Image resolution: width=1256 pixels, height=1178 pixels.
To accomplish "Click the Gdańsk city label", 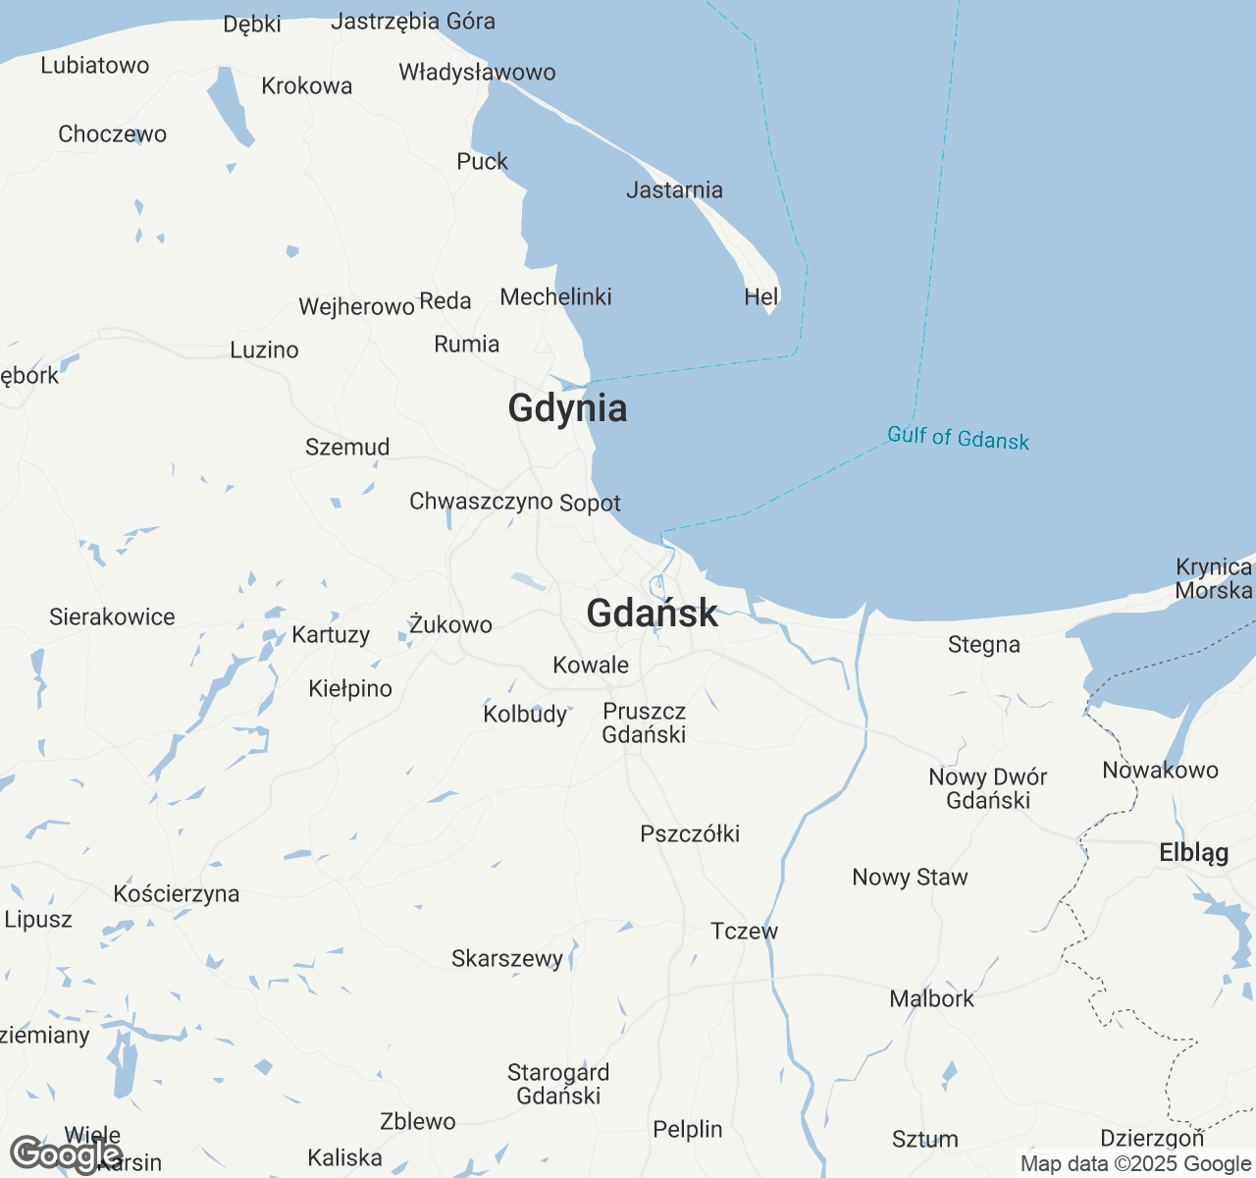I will click(652, 614).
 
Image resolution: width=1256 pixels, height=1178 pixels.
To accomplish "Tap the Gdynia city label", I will click(567, 408).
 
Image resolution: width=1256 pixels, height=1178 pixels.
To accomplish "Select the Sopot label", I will click(590, 504).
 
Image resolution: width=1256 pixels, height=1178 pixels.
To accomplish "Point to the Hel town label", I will click(760, 296).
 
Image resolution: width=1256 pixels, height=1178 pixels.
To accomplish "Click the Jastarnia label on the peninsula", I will click(674, 190).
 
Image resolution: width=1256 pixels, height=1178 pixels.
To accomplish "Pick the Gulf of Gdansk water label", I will click(958, 438).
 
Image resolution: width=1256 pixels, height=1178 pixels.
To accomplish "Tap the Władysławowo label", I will click(477, 73).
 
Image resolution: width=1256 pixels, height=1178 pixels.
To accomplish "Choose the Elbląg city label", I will click(1193, 853).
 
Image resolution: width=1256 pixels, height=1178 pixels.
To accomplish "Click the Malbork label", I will click(931, 999).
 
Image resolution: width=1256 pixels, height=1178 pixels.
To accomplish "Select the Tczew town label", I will click(744, 931).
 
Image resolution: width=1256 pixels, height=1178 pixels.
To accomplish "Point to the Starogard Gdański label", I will click(558, 1084).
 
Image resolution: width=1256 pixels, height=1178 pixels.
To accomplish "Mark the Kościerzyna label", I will click(177, 894).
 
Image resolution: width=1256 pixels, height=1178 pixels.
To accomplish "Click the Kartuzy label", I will click(331, 635).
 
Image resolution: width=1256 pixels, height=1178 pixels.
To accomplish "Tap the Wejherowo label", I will click(356, 307).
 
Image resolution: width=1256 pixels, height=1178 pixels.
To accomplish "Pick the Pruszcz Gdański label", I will click(644, 723).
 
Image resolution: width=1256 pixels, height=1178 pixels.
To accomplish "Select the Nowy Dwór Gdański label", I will click(988, 788).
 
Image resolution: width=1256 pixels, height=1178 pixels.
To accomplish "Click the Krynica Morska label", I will click(1214, 579).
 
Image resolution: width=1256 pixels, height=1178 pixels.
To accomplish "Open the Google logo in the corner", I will click(65, 1154).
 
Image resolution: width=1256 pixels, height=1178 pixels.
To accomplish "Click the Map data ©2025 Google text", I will click(1135, 1164).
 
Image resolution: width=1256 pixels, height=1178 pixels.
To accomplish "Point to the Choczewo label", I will click(112, 134).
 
